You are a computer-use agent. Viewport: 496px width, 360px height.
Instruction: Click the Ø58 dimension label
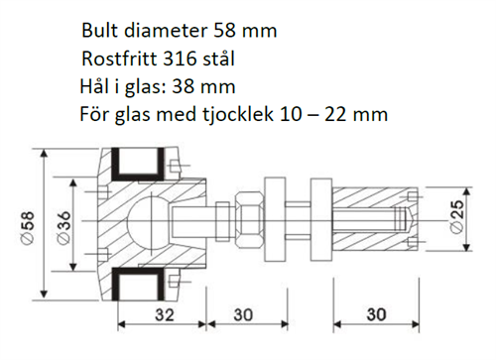tap(28, 228)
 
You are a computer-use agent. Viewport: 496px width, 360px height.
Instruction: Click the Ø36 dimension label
tap(63, 228)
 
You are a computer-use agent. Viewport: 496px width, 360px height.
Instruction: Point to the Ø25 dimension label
tap(457, 217)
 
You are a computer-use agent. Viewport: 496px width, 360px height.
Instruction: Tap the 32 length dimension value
tap(165, 314)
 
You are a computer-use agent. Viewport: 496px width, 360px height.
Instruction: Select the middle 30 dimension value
tap(243, 314)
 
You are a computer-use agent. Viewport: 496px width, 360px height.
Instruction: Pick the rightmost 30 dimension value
tap(376, 314)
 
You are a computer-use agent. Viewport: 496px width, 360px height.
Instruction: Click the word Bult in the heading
tap(99, 31)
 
